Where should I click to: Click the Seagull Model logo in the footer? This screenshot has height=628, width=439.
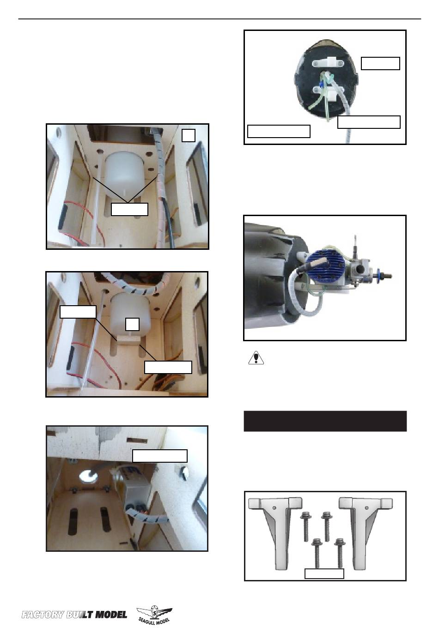[x=154, y=614]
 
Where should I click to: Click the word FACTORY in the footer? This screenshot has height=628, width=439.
[x=43, y=615]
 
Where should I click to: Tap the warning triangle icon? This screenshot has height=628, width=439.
[x=256, y=357]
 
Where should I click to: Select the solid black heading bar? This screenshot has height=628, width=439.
[x=325, y=421]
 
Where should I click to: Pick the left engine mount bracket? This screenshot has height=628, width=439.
[x=275, y=531]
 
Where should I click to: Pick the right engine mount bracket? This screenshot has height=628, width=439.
[x=366, y=531]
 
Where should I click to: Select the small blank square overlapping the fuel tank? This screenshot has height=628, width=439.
[x=132, y=324]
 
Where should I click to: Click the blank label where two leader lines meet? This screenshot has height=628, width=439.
[x=129, y=209]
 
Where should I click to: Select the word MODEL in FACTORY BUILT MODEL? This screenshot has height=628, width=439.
[x=111, y=615]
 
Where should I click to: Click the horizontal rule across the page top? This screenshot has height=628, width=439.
[x=219, y=19]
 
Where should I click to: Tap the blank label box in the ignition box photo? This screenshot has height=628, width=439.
[x=159, y=456]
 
